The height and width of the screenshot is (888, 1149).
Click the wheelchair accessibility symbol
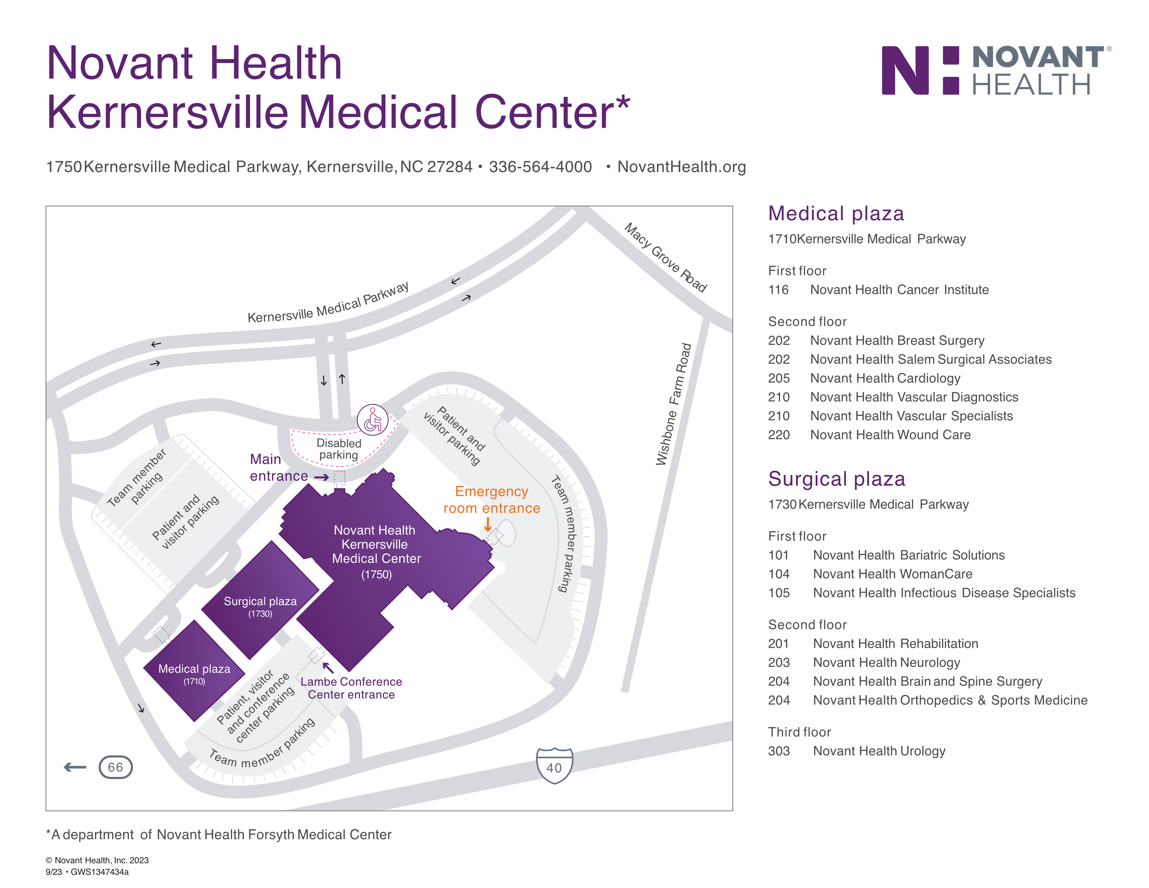click(x=373, y=420)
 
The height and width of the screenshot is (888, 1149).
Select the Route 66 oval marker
click(x=115, y=767)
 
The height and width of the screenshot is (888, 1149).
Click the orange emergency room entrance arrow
click(x=488, y=524)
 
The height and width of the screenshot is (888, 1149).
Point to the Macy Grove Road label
click(x=665, y=257)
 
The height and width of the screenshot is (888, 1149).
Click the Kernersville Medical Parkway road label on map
click(x=328, y=303)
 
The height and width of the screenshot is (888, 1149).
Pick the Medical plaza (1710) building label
click(x=194, y=674)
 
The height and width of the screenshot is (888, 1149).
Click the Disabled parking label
click(x=339, y=449)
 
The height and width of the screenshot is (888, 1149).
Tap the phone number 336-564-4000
click(x=540, y=167)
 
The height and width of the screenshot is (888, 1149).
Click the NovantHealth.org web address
click(x=681, y=167)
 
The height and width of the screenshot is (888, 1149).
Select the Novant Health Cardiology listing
click(x=885, y=378)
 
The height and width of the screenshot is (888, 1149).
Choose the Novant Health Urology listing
click(x=879, y=751)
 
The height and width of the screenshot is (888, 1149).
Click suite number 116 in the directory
click(x=778, y=290)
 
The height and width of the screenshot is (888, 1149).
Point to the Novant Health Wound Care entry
click(x=890, y=435)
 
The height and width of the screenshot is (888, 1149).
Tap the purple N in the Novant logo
click(x=905, y=70)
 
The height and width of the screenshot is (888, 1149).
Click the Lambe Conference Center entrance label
click(x=351, y=688)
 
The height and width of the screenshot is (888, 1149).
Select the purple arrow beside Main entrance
click(x=321, y=477)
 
